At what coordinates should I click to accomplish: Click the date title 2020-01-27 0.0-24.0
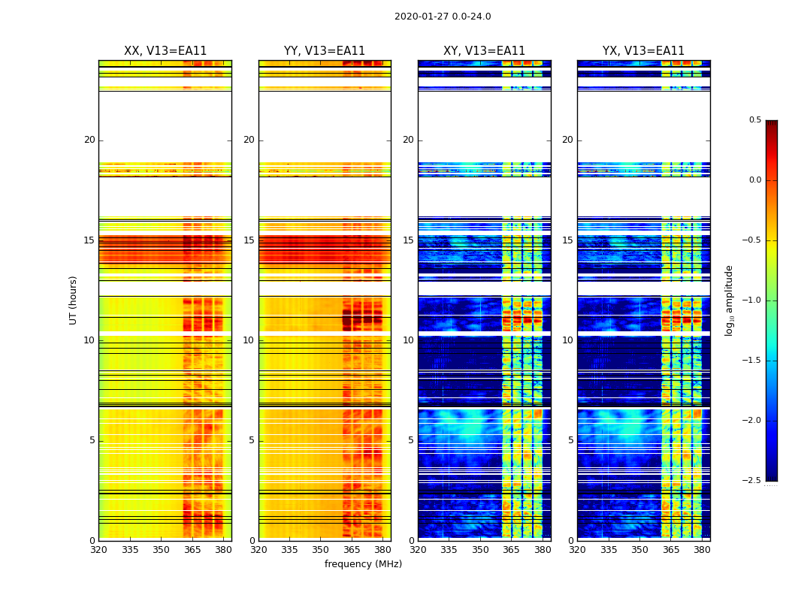pos(443,17)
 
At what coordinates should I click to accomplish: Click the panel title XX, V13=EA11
pos(165,51)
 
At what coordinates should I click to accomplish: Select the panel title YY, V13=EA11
pos(325,51)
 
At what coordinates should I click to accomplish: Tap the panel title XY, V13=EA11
pos(484,51)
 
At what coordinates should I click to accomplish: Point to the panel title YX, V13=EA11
pos(643,51)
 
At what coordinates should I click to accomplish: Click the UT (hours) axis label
pos(74,300)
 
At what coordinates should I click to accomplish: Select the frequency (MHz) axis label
pos(363,564)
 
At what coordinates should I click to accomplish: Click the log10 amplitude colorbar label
pos(729,300)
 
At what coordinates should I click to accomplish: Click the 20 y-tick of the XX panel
pos(89,140)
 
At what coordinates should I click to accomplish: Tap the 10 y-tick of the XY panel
pos(409,340)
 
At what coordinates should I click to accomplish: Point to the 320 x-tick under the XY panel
pos(418,550)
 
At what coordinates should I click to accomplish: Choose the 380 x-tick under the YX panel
pos(702,550)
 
